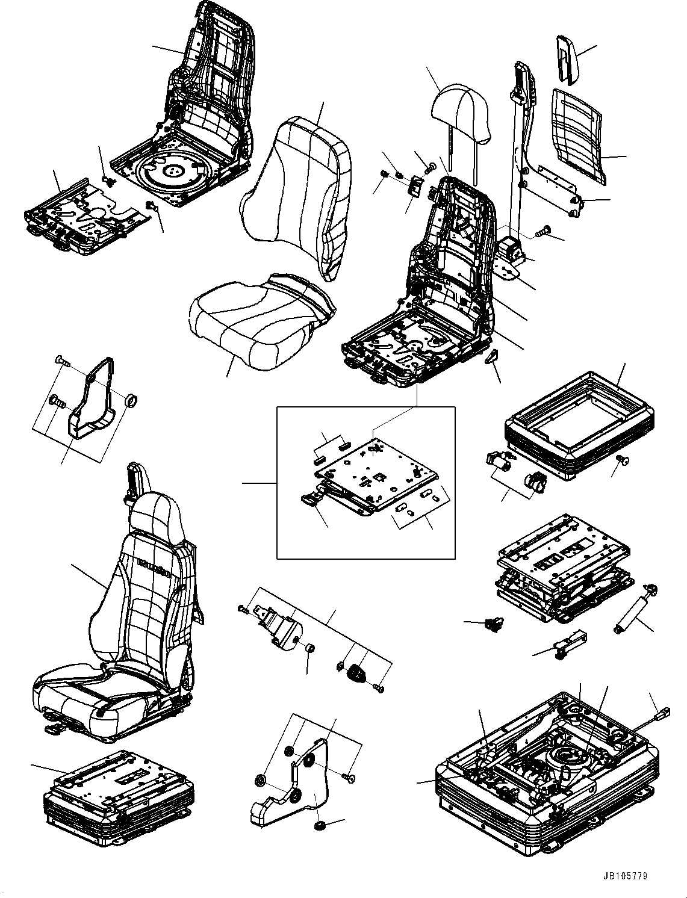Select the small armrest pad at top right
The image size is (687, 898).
click(x=566, y=58)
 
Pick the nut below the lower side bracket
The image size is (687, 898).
click(x=319, y=825)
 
